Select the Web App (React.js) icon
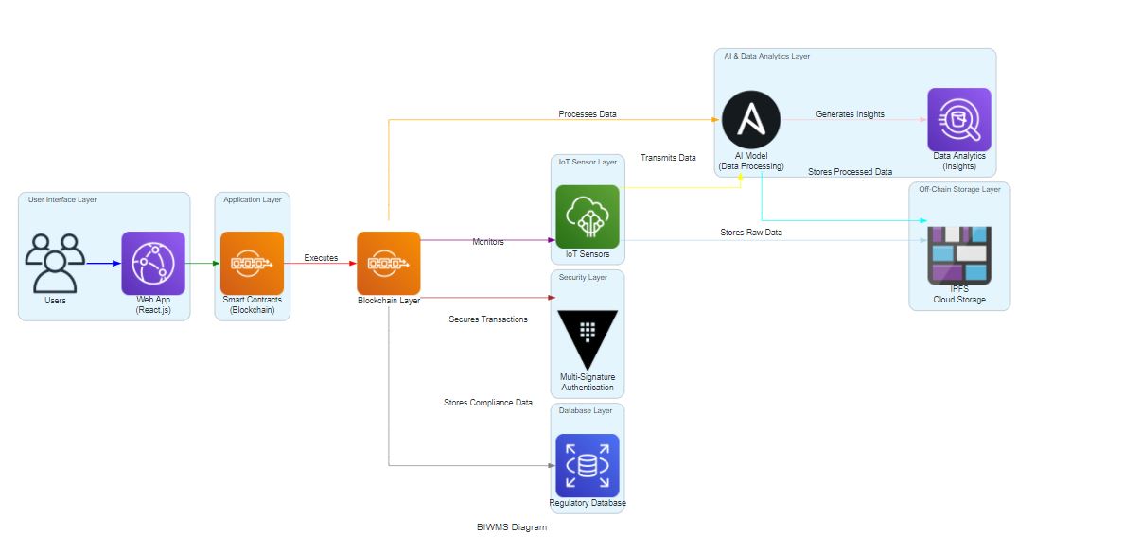[153, 263]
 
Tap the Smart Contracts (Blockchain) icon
[252, 263]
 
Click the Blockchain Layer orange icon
[388, 263]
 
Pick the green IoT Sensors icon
[587, 216]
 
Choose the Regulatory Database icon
[587, 465]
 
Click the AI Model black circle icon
[751, 120]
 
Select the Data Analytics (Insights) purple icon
[958, 120]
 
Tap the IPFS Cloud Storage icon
[958, 255]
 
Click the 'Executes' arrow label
[321, 258]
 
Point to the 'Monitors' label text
[488, 242]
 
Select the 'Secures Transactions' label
[488, 319]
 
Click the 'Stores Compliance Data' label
[488, 403]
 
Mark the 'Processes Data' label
[588, 114]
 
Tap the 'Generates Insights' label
[851, 114]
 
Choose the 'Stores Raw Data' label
[751, 233]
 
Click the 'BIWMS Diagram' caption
[512, 527]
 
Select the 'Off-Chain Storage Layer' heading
[959, 190]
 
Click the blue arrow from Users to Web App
[103, 263]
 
